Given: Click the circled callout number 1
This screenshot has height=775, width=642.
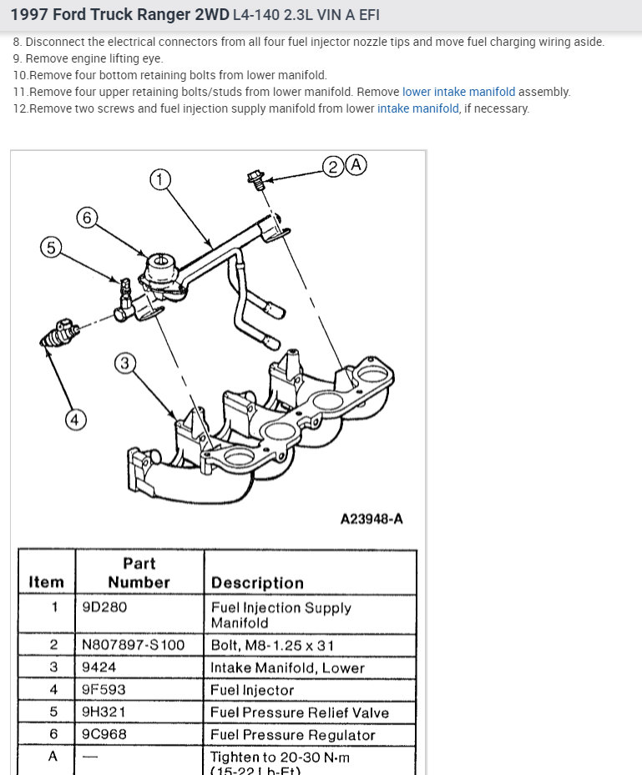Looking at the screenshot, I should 160,179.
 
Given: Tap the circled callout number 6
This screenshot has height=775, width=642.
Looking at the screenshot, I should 87,218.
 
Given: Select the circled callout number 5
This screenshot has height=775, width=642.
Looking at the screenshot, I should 51,247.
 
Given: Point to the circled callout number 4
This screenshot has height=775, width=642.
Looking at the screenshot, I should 75,420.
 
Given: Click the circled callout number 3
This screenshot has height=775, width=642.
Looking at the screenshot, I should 124,363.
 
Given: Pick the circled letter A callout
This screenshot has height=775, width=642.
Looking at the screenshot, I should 356,164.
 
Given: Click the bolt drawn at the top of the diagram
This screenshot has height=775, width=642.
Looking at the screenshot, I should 256,178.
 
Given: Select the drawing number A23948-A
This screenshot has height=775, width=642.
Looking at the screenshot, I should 372,519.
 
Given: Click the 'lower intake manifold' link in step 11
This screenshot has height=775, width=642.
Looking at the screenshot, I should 458,92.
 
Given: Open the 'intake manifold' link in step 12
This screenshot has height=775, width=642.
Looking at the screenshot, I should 417,108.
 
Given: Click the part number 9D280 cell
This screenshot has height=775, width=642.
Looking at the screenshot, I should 104,607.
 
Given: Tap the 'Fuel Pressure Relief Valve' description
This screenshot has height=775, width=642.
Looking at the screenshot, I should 299,712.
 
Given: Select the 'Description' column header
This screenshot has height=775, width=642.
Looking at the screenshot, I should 257,582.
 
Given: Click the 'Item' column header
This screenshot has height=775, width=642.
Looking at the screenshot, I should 46,582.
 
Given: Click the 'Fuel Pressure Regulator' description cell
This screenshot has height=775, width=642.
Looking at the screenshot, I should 292,735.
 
